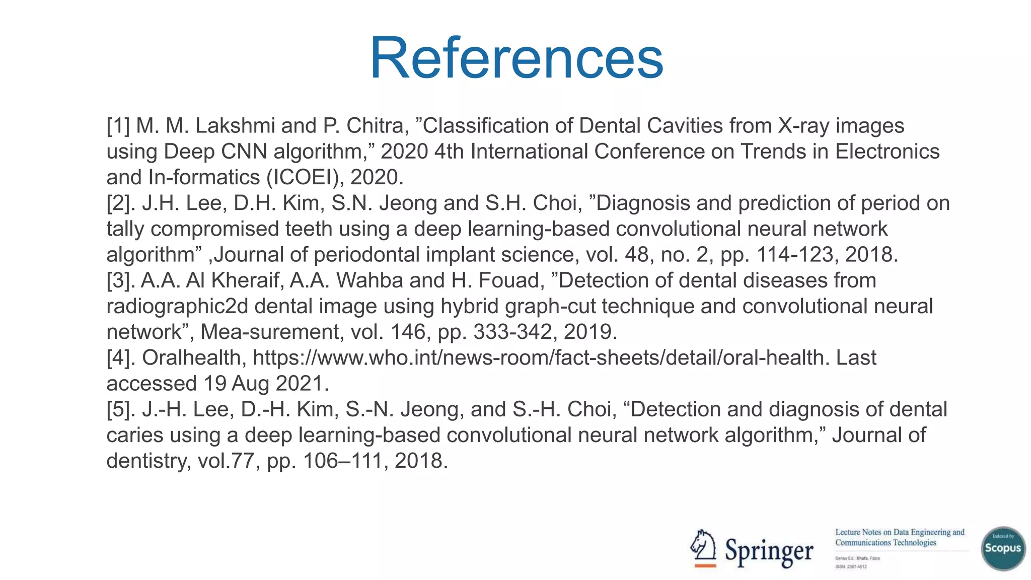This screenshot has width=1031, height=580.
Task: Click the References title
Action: point(517,58)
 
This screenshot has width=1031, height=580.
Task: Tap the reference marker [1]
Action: point(118,126)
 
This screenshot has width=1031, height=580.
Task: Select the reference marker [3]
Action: point(121,280)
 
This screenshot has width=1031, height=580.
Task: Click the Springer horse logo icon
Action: point(704,548)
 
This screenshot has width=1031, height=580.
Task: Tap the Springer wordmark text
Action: point(769,552)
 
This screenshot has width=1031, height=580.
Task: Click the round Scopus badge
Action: point(1003,548)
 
